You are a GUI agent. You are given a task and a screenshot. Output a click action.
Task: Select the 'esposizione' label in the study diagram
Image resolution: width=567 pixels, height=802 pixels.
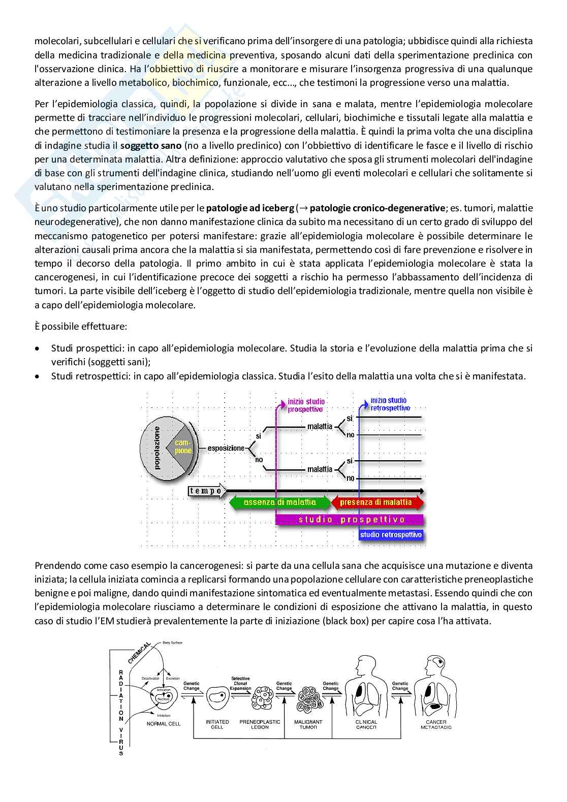click(226, 448)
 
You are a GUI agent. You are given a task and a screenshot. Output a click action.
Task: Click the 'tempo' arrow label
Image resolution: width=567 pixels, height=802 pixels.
click(206, 491)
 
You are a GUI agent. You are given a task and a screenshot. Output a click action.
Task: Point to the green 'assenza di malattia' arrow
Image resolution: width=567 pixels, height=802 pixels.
click(279, 502)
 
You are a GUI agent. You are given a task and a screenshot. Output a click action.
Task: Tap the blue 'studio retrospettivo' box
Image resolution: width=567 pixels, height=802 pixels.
click(391, 534)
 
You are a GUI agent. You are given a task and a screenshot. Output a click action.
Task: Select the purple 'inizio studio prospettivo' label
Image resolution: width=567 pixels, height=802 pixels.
click(306, 405)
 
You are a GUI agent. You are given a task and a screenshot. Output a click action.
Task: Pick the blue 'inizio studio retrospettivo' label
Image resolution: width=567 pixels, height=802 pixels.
click(390, 404)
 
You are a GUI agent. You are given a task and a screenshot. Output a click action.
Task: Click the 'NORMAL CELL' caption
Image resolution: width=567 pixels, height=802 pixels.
click(164, 724)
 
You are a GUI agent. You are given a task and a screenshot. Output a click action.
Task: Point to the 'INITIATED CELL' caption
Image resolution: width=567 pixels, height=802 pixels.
click(217, 724)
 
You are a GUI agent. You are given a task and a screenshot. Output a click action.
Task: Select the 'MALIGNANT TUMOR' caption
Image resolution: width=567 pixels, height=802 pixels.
click(308, 724)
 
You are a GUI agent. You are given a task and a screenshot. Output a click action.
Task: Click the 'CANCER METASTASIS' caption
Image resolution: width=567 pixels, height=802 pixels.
click(436, 724)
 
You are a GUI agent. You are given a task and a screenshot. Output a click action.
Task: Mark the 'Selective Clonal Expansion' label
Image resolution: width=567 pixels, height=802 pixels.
click(240, 683)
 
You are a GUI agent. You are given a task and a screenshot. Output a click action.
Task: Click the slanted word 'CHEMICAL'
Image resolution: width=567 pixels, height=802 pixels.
click(139, 652)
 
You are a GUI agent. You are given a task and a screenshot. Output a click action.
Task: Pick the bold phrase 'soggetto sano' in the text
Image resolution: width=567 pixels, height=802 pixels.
click(144, 145)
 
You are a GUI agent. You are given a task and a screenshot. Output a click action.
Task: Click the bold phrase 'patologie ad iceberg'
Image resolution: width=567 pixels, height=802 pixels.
click(250, 208)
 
